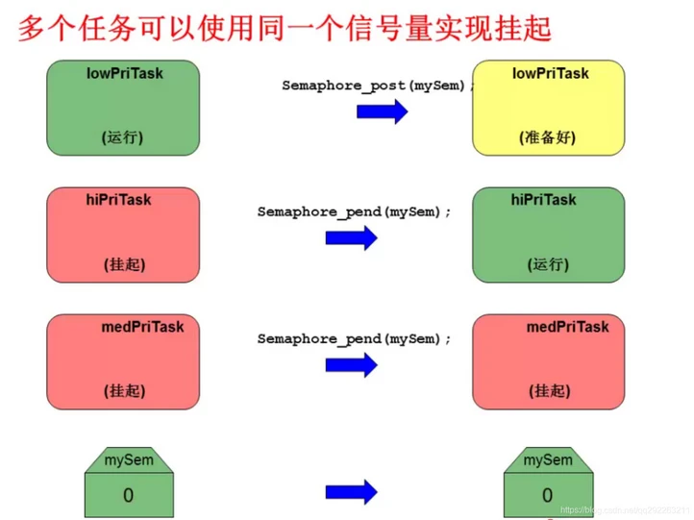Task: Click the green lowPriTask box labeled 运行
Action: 123,106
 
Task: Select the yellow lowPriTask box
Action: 549,106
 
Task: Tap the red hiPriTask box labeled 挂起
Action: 123,234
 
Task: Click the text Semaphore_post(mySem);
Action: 379,86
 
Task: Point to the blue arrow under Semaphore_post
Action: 382,111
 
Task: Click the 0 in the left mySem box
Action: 128,495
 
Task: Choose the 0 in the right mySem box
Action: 548,495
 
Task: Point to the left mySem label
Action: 128,460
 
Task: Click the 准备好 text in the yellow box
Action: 549,137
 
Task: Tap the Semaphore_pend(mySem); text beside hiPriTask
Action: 354,211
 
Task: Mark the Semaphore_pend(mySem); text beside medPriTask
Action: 354,338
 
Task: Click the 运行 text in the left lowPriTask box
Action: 123,137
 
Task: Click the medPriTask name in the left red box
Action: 142,327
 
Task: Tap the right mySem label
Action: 548,460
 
